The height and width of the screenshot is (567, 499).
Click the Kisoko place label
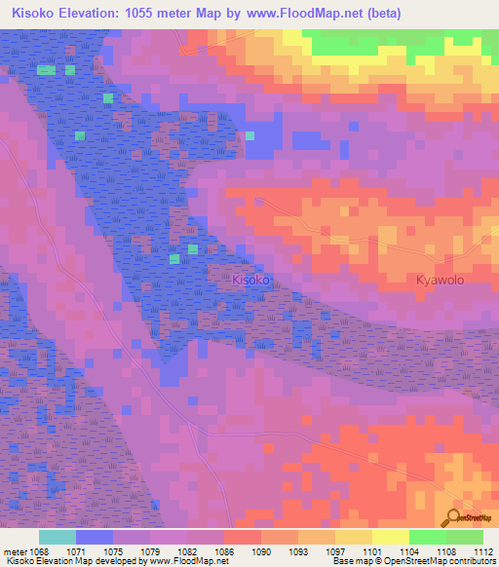click(250, 280)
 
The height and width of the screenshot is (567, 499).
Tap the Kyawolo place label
click(441, 280)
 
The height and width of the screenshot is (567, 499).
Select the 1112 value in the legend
click(483, 550)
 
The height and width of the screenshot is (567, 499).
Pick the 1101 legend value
click(372, 550)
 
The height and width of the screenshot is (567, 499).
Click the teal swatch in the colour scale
click(58, 537)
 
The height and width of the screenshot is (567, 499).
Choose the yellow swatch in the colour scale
click(391, 537)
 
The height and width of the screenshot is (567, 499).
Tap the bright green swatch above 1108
click(428, 537)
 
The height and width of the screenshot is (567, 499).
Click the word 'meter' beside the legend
click(16, 550)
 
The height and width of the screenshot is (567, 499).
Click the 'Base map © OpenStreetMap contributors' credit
click(412, 561)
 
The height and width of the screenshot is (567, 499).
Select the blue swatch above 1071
click(95, 537)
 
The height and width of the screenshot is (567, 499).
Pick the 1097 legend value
click(334, 550)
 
